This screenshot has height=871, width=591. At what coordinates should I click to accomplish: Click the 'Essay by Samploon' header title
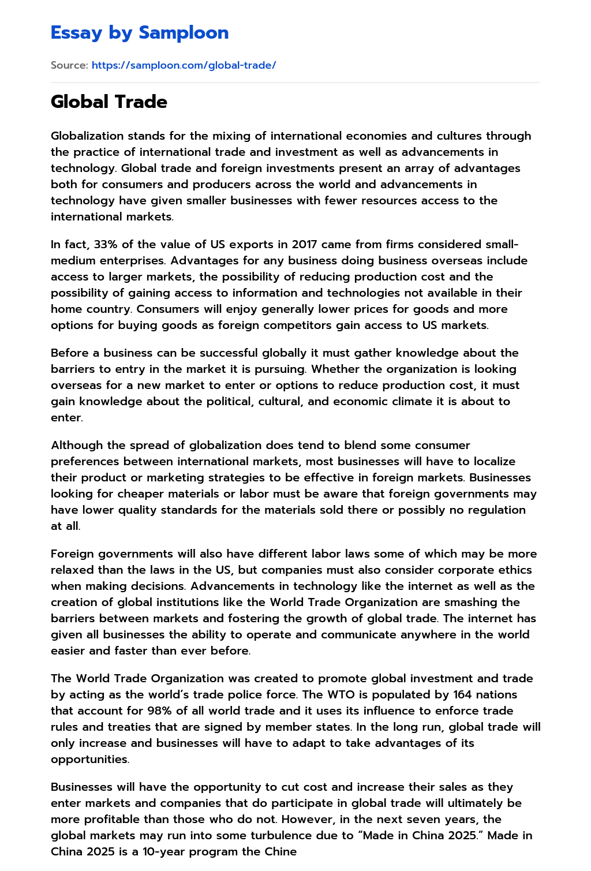[x=140, y=33]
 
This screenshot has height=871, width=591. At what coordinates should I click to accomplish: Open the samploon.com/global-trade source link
[x=184, y=65]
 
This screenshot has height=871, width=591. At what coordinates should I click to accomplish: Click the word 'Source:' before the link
[x=69, y=65]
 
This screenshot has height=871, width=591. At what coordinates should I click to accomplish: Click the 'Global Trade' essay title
[x=109, y=102]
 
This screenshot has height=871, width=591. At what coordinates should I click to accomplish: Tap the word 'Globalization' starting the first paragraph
[x=87, y=136]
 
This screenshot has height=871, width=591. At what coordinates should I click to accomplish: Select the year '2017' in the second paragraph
[x=305, y=245]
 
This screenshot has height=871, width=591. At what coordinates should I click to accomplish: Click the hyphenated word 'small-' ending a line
[x=502, y=245]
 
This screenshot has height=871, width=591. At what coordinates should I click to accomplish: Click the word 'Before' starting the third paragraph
[x=70, y=353]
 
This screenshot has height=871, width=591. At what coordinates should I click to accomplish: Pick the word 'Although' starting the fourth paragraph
[x=75, y=446]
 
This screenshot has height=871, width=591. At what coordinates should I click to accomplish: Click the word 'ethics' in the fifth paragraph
[x=515, y=570]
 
